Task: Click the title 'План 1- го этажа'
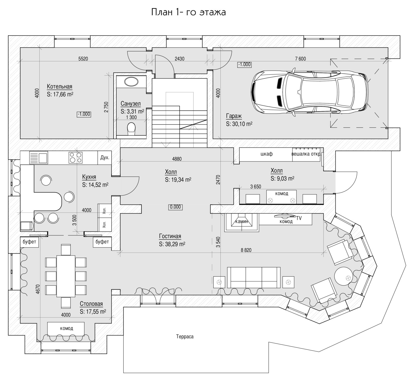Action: click(x=188, y=12)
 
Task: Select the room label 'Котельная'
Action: click(x=60, y=86)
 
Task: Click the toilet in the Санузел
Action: click(x=131, y=129)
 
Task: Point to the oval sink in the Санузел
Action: click(x=131, y=82)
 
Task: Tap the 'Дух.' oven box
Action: click(x=105, y=157)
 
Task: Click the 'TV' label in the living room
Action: click(x=299, y=218)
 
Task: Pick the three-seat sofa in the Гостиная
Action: click(x=254, y=277)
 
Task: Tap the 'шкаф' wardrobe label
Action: click(x=267, y=154)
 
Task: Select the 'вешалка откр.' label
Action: click(x=306, y=154)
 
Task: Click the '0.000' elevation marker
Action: click(x=175, y=207)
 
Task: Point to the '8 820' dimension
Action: click(x=246, y=250)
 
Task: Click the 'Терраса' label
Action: click(x=185, y=337)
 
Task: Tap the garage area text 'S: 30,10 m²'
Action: click(x=239, y=124)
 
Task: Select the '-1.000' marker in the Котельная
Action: click(x=84, y=114)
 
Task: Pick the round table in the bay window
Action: click(x=343, y=276)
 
